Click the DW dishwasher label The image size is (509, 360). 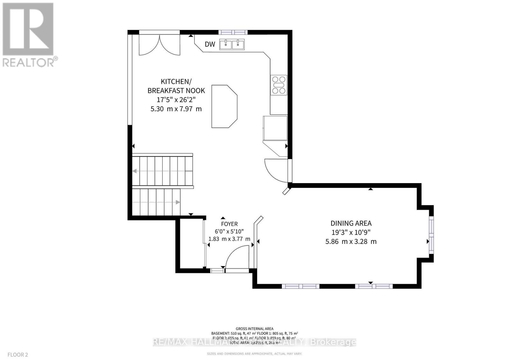click(210, 45)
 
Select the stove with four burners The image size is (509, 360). click(279, 85)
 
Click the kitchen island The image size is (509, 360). click(224, 106)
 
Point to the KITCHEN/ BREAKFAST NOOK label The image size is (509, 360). click(176, 86)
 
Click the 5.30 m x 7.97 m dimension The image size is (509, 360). click(176, 109)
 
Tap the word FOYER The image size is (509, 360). click(229, 224)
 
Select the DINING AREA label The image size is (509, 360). click(351, 223)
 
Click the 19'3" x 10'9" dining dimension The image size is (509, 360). click(351, 232)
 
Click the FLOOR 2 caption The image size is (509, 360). click(18, 355)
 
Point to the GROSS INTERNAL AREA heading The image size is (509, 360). click(254, 329)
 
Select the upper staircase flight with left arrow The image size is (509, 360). click(163, 171)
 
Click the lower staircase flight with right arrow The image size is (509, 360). click(156, 202)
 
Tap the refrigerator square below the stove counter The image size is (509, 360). click(275, 128)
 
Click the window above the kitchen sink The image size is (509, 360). click(233, 32)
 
